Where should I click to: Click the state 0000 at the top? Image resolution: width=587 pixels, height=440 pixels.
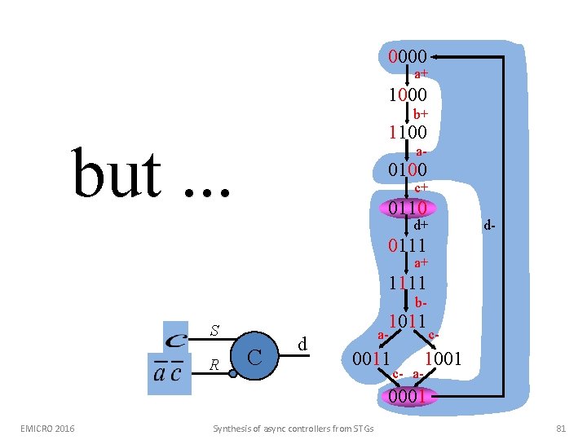click(x=408, y=57)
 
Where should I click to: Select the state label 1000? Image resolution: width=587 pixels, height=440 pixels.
click(x=408, y=95)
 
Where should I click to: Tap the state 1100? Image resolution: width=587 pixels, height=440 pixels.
click(x=408, y=132)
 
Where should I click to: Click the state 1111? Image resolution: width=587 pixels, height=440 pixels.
click(x=408, y=284)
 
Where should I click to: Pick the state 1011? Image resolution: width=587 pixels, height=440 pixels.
click(x=408, y=321)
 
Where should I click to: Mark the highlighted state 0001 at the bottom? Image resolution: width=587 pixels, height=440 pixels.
click(x=408, y=397)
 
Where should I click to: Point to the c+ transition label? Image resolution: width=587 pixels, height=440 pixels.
click(x=421, y=188)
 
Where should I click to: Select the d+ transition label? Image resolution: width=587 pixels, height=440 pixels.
click(x=421, y=225)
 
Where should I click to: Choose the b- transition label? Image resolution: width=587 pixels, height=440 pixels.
click(x=421, y=302)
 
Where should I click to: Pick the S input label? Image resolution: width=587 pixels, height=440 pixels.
click(x=214, y=331)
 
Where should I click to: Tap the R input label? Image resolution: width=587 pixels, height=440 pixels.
click(x=214, y=365)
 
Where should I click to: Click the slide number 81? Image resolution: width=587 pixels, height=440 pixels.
click(x=561, y=428)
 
